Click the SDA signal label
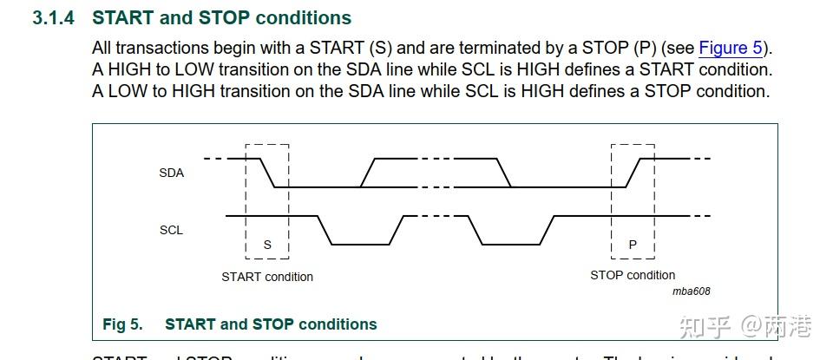[x=171, y=173]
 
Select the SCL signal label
[x=171, y=230]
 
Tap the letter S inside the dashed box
[x=267, y=245]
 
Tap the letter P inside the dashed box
[x=633, y=245]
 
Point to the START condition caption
[x=267, y=277]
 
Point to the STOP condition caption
[x=633, y=275]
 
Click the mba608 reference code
[x=691, y=291]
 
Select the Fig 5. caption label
[x=122, y=324]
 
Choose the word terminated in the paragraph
[x=504, y=48]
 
